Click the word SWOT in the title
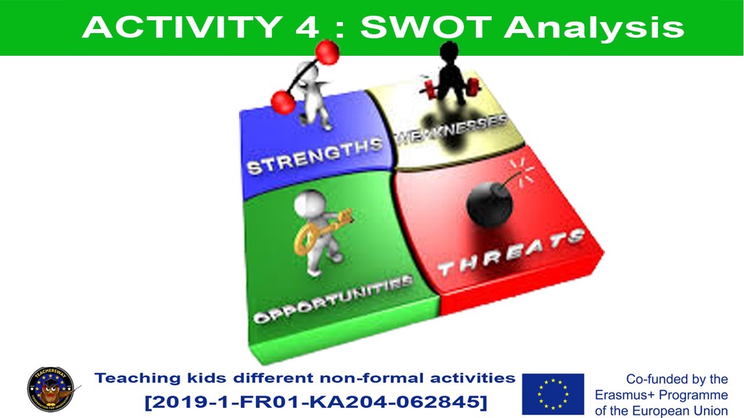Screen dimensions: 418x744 (x=428, y=27)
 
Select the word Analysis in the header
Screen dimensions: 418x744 (x=594, y=27)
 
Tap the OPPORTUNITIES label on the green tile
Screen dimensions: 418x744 (x=333, y=300)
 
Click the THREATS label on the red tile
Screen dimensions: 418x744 (x=511, y=253)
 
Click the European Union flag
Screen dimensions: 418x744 (x=553, y=393)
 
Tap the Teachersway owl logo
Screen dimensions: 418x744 (x=51, y=391)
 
